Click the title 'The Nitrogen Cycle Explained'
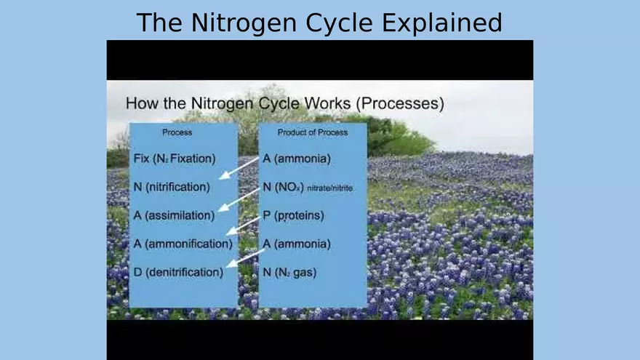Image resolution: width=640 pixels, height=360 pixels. [x=319, y=23]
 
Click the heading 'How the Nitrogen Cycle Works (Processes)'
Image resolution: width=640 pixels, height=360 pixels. [x=285, y=103]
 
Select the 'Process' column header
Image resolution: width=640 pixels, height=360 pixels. [x=177, y=132]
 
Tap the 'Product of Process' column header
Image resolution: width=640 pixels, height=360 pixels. [x=313, y=132]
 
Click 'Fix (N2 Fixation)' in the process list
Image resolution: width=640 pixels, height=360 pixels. [x=175, y=159]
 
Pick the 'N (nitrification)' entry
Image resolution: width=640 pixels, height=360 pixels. [x=172, y=187]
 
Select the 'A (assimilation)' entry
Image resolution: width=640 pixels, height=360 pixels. [x=174, y=215]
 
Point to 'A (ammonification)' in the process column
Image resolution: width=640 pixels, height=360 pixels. [x=183, y=244]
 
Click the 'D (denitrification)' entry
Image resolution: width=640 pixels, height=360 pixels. [x=178, y=272]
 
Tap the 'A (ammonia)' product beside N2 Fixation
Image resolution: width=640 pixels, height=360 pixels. [x=297, y=159]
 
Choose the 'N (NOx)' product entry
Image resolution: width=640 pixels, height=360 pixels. [x=283, y=187]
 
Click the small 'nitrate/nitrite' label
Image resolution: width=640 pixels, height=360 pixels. [x=329, y=188]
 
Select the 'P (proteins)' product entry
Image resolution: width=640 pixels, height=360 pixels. [x=294, y=215]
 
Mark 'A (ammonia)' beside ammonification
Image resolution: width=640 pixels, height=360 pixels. [x=297, y=244]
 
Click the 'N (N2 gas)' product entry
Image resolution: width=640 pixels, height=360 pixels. [x=289, y=272]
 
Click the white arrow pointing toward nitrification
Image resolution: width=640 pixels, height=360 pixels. [x=239, y=168]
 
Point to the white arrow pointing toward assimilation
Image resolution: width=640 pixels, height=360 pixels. [x=239, y=200]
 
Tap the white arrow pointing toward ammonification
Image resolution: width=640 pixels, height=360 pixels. [x=242, y=226]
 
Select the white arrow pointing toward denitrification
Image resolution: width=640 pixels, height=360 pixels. [x=245, y=258]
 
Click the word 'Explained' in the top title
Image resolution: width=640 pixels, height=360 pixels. [x=442, y=23]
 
